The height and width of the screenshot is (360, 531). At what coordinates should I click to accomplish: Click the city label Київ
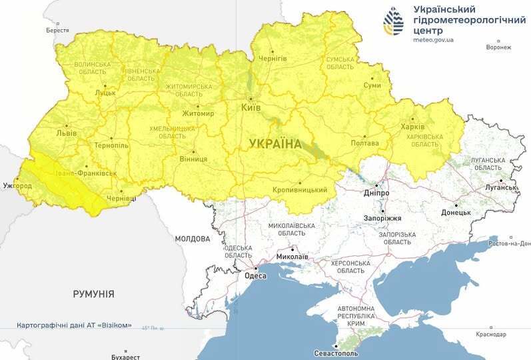pos(251,107)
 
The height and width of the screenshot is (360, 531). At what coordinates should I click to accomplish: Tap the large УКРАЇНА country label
pos(274,143)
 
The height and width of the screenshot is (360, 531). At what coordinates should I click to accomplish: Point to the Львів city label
pos(67,133)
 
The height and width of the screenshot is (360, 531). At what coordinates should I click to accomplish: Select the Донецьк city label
pos(456,213)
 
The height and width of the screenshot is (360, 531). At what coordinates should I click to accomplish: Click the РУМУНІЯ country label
pos(93,293)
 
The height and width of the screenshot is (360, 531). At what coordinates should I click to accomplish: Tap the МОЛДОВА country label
pos(193,238)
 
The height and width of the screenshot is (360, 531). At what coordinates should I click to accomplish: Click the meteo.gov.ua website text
pos(433,40)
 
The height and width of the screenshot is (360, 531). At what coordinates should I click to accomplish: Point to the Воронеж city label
pos(498,47)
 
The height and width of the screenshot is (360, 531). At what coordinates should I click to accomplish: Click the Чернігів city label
pos(273,59)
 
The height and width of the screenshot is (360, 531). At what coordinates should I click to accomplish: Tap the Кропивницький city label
pos(300,190)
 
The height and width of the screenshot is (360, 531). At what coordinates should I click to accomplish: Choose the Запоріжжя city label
pos(383,218)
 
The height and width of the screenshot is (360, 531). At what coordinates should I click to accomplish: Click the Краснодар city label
pos(492,333)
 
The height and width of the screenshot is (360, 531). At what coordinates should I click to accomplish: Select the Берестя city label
pos(57,30)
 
